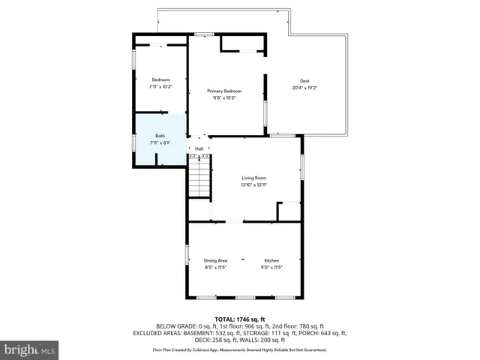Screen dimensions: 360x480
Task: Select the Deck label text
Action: (x=304, y=81)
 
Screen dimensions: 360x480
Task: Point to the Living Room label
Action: (x=254, y=178)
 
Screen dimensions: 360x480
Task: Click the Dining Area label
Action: (x=215, y=260)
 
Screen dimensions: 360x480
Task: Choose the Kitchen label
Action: (x=271, y=260)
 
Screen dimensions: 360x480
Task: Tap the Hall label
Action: (x=199, y=148)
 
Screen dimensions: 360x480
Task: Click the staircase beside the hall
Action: (x=198, y=180)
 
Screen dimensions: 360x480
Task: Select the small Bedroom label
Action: (x=160, y=79)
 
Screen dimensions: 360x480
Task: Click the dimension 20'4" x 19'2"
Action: (x=304, y=88)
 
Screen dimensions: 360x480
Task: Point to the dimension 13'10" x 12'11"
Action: (x=254, y=184)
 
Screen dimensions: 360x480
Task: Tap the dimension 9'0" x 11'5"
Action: (x=271, y=267)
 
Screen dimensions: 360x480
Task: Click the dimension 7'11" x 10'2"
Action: (x=160, y=86)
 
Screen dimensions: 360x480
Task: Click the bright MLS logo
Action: (x=29, y=349)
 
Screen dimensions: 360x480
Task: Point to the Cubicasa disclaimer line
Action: (x=239, y=349)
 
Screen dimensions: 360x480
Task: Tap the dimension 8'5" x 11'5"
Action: (x=215, y=267)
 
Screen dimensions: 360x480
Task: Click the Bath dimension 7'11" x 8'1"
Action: (x=160, y=142)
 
